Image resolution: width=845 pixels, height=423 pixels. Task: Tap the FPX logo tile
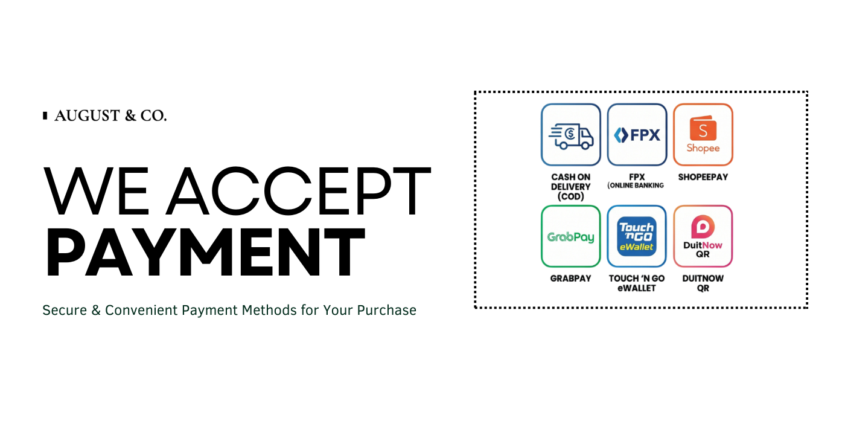coord(637,135)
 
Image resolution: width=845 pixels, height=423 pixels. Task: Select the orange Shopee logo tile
coord(703,135)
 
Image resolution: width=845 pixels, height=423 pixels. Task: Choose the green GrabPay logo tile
coord(571,236)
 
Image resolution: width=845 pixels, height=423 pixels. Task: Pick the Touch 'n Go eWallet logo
coord(637,236)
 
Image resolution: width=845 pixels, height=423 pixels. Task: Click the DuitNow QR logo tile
coord(703,236)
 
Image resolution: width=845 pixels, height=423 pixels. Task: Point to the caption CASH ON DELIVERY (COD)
coord(571,187)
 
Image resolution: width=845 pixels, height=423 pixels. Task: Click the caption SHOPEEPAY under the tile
coord(703,177)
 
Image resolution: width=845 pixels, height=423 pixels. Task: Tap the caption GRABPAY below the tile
coord(571,279)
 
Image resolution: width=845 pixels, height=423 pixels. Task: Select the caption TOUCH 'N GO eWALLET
coord(637,283)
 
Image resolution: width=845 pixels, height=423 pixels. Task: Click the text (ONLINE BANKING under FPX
coord(636,186)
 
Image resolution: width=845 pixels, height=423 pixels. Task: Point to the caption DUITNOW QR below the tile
coord(703,283)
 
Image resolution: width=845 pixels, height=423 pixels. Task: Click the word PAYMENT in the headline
coord(206,252)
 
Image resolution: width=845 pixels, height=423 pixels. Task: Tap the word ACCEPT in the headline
coord(298,190)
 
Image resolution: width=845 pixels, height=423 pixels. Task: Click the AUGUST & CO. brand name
coord(110,115)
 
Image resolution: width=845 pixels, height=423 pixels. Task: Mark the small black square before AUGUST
coord(45,115)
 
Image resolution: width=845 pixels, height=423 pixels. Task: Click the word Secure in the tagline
coord(65,310)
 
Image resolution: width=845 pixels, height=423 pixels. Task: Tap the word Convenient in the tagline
coord(141,310)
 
